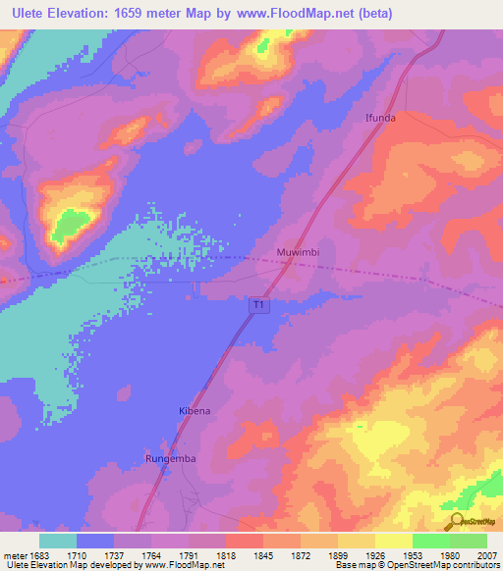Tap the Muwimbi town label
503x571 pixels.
pyautogui.click(x=298, y=251)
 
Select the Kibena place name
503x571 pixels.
pyautogui.click(x=194, y=410)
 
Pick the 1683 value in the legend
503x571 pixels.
pyautogui.click(x=39, y=555)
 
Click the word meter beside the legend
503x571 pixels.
pyautogui.click(x=12, y=555)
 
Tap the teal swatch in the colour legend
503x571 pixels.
pyautogui.click(x=58, y=541)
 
